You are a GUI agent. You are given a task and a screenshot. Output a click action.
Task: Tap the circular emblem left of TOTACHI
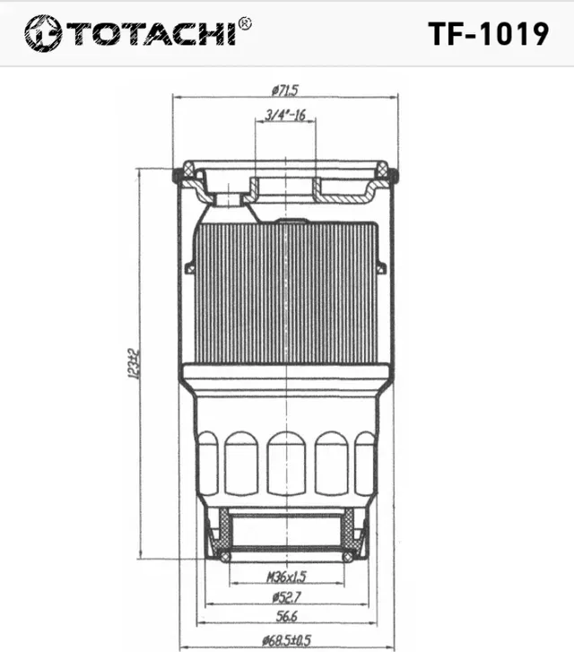pos(42,33)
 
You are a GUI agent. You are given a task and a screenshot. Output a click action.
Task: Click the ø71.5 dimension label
pos(285,89)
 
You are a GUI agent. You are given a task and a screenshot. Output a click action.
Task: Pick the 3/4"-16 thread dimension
pos(286,114)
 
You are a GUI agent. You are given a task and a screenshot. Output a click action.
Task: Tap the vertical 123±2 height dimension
pos(133,363)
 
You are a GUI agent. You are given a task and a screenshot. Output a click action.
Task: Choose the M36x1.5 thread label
pos(286,576)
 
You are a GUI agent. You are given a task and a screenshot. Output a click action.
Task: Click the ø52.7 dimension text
pos(286,597)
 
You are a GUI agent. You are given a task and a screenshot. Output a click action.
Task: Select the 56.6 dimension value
pos(286,618)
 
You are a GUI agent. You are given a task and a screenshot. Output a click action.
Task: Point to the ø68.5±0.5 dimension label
pos(286,639)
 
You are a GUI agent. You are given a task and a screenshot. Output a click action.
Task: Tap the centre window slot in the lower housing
pos(286,462)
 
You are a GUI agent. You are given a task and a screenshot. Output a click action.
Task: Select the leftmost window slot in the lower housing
pos(207,462)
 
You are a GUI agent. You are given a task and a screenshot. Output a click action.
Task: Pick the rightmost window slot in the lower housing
pos(364,462)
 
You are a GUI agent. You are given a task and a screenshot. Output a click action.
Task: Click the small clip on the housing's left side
pos(190,266)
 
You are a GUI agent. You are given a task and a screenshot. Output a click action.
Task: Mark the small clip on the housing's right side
pos(382,266)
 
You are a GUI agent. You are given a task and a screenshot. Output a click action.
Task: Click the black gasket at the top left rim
pos(178,173)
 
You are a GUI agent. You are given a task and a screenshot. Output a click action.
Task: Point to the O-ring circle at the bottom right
pos(348,557)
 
